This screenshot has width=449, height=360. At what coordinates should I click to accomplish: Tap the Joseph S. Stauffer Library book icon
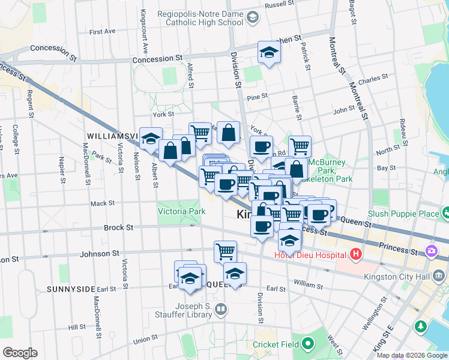click(x=221, y=310)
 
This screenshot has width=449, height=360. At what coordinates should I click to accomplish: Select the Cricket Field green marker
click(x=308, y=344)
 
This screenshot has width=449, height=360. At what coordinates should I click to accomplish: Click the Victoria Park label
click(x=181, y=211)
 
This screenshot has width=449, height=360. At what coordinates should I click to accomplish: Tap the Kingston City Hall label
click(x=397, y=277)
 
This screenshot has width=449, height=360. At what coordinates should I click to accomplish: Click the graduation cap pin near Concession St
click(x=268, y=53)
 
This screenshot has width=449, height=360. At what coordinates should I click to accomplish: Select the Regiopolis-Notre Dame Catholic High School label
click(x=200, y=18)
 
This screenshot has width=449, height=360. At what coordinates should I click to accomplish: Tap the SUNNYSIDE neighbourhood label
click(x=71, y=289)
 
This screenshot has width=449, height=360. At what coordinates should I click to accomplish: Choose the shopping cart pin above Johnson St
click(x=225, y=251)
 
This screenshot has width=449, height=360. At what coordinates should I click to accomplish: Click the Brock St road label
click(x=118, y=228)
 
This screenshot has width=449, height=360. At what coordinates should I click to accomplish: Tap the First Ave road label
click(x=101, y=31)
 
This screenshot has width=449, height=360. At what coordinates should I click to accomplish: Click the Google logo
click(x=19, y=353)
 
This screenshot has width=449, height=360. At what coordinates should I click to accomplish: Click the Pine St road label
click(x=256, y=97)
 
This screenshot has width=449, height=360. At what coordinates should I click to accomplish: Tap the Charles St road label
click(x=373, y=79)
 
